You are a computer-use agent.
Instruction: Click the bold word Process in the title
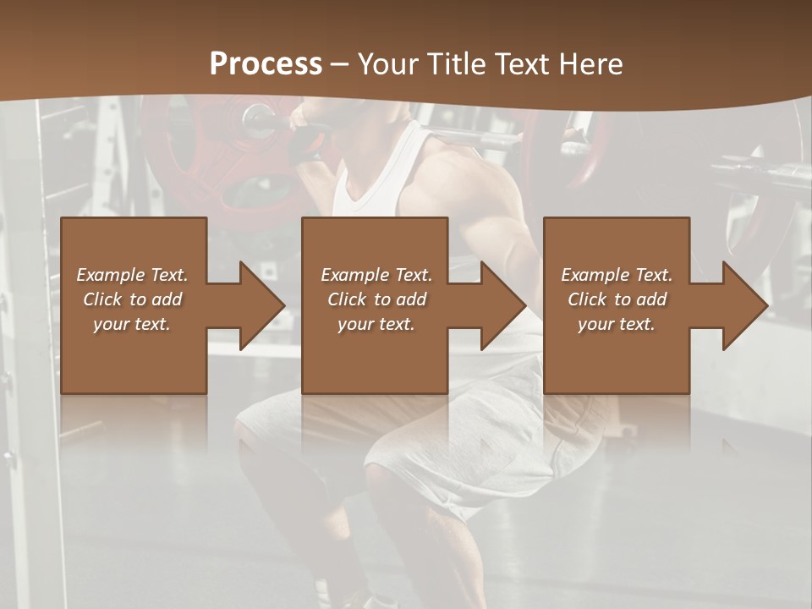click(266, 64)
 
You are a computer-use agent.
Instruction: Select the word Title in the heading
click(456, 64)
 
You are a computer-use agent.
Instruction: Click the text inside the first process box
click(133, 299)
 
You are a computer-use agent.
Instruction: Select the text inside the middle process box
click(376, 299)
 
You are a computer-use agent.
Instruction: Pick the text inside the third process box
click(617, 299)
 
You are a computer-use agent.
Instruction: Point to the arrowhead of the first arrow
click(262, 305)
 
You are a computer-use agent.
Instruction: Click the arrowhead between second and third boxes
click(503, 305)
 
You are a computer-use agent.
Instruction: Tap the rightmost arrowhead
click(745, 305)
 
